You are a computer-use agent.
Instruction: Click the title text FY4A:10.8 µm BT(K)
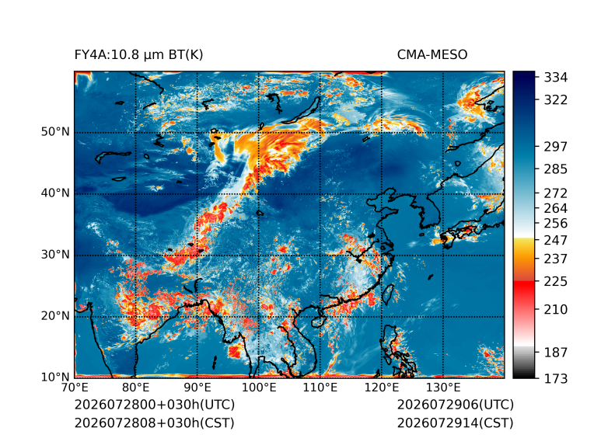[x=138, y=55]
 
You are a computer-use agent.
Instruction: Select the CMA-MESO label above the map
[x=432, y=55]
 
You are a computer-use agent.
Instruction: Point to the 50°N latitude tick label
[x=55, y=132]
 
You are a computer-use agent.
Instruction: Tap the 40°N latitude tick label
[x=55, y=193]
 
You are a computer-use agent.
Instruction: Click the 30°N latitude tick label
[x=55, y=254]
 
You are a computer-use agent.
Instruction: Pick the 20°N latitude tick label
[x=55, y=315]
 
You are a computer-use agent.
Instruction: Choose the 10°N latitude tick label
[x=55, y=377]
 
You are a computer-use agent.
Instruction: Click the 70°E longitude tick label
[x=75, y=388]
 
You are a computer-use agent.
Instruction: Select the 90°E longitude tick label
[x=197, y=388]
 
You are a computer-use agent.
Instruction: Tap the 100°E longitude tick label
[x=259, y=388]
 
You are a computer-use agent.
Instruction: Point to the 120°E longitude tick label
[x=382, y=388]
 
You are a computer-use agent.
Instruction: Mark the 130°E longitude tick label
[x=443, y=388]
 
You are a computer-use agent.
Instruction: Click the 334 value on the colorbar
[x=556, y=78]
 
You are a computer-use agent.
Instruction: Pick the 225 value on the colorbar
[x=556, y=282]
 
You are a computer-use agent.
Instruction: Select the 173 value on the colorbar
[x=556, y=378]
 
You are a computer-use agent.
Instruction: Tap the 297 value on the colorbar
[x=556, y=147]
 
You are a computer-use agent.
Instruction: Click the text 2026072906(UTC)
[x=456, y=405]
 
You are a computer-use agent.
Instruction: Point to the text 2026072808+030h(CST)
[x=155, y=423]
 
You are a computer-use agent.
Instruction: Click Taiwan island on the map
[x=388, y=294]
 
